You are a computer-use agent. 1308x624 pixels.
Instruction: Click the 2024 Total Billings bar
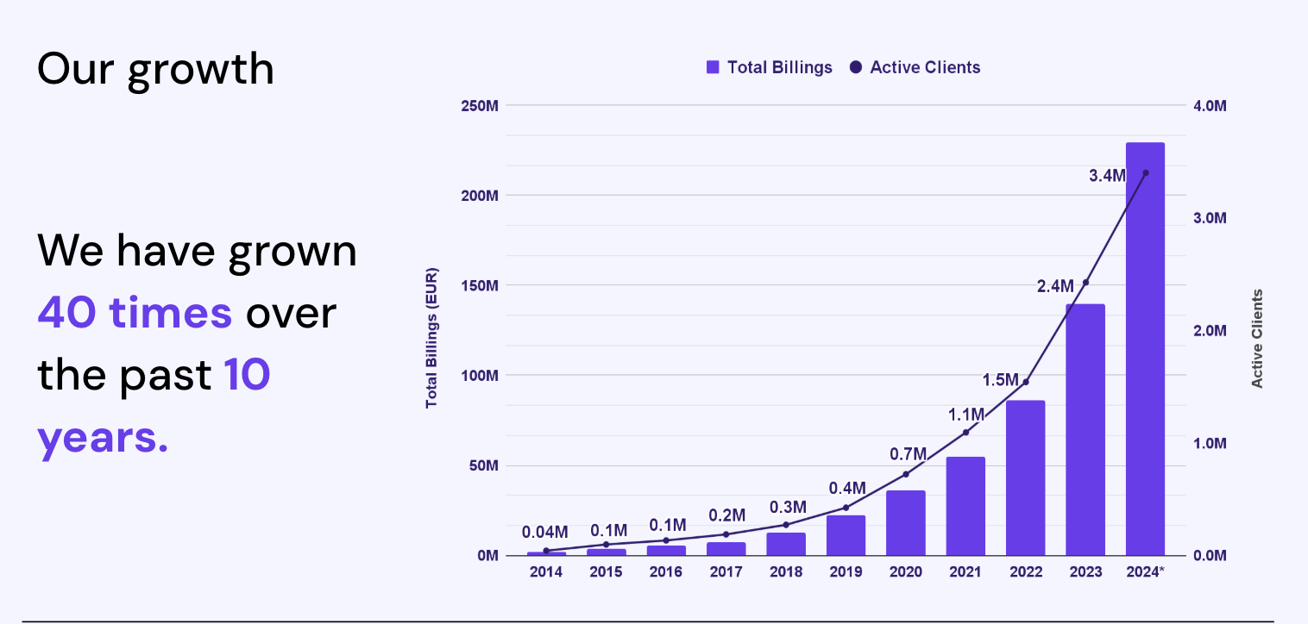(x=1145, y=349)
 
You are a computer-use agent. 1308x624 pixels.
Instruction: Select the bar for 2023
(x=1085, y=429)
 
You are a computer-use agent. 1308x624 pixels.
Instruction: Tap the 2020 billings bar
(x=905, y=523)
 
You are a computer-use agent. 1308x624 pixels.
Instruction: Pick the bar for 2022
(x=1025, y=477)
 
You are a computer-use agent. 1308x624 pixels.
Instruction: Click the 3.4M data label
(x=1107, y=176)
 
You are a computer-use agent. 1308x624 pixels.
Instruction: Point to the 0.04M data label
(x=545, y=532)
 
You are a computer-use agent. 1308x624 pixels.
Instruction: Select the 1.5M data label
(x=1001, y=380)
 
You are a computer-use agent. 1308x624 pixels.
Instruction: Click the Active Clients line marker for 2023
(x=1085, y=283)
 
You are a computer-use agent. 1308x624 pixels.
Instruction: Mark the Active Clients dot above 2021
(x=965, y=432)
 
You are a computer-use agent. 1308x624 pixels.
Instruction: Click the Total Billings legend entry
(x=770, y=67)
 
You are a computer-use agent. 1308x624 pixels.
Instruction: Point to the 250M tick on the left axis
(x=480, y=106)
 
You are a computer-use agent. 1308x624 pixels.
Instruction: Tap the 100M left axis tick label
(x=480, y=376)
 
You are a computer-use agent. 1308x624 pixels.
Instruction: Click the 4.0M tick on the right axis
(x=1210, y=106)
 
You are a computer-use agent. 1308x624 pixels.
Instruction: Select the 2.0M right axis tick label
(x=1210, y=331)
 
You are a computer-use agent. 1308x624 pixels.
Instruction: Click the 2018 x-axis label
(x=785, y=571)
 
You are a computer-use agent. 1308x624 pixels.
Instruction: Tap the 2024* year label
(x=1145, y=571)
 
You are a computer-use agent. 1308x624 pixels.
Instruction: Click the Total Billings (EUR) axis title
(x=431, y=338)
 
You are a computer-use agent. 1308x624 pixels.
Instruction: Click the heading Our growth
(x=155, y=69)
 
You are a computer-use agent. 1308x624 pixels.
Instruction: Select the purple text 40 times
(x=135, y=312)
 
